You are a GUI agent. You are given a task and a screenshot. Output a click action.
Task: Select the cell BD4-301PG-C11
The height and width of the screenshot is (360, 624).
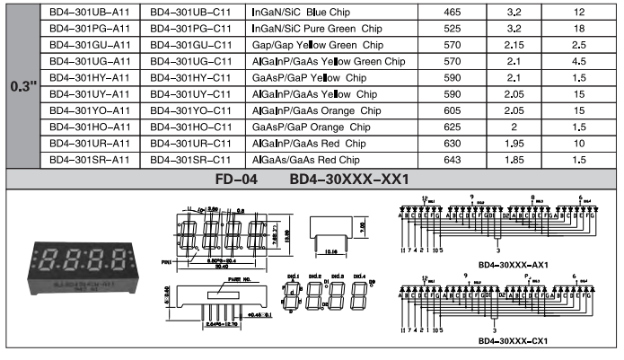[189, 31]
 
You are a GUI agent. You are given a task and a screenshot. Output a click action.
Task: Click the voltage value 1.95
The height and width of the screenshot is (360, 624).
[514, 143]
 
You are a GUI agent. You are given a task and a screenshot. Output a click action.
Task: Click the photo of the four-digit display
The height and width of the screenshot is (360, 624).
[83, 266]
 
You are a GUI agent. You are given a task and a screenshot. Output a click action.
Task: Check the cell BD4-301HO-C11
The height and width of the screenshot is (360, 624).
[189, 127]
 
